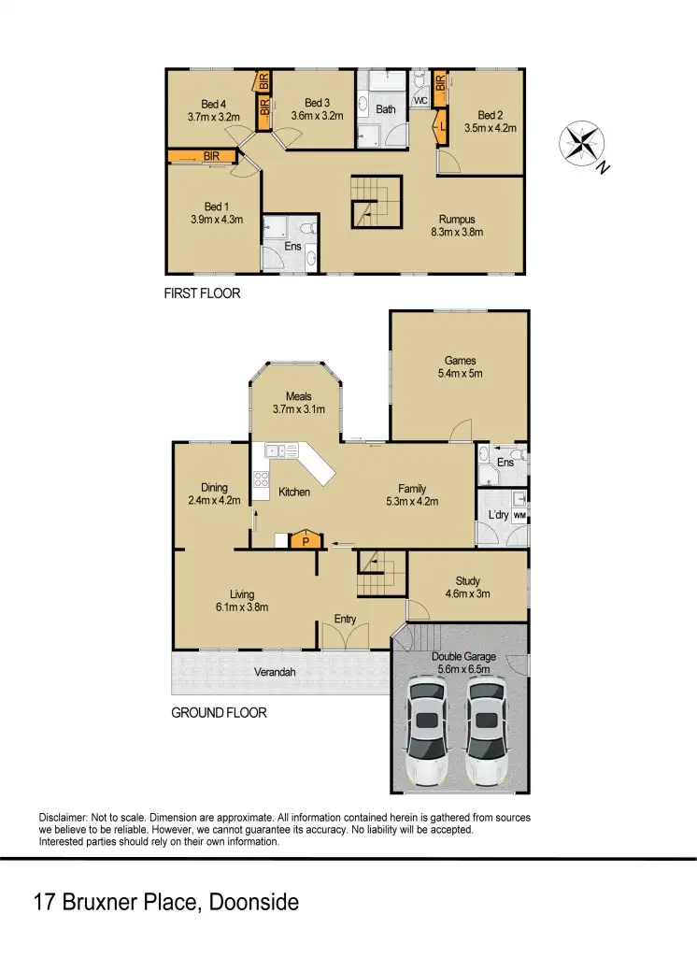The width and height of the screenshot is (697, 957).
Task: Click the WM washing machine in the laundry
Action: (x=519, y=515)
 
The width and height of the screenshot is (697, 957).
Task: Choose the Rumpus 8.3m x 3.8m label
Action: (x=457, y=225)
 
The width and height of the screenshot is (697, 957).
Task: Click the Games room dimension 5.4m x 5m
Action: (x=460, y=373)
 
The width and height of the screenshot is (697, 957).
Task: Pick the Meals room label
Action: (x=299, y=396)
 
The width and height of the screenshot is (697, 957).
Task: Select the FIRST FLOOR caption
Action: (x=203, y=293)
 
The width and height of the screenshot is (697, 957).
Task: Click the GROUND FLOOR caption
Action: (x=219, y=712)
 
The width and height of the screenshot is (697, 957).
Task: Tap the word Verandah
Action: (x=277, y=672)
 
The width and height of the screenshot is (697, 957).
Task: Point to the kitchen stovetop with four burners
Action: (x=262, y=483)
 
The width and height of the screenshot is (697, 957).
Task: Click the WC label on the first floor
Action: (x=420, y=100)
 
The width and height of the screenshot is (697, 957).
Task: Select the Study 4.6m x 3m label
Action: (x=467, y=587)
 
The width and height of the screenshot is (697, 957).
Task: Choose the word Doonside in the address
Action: (x=253, y=903)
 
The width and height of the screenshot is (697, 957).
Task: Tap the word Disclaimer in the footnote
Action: (x=64, y=817)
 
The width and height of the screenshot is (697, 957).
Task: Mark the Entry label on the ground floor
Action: (x=346, y=619)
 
